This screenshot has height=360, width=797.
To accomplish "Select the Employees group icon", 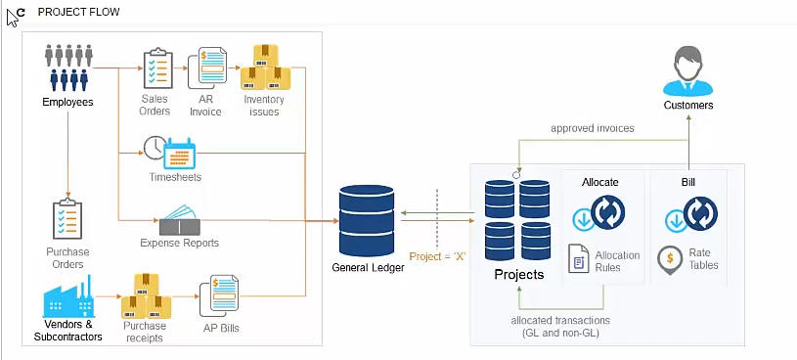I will pos(67,67).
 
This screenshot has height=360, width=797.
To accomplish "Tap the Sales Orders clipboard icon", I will pos(156,68).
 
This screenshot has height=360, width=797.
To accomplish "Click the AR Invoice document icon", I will pos(207,68).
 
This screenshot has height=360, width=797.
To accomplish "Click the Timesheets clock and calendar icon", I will pos(170,150).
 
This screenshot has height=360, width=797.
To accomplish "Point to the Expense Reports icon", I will pos(180,219).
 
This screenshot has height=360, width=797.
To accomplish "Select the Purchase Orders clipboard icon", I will pos(67,221).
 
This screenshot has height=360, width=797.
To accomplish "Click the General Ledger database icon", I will pos(365,221).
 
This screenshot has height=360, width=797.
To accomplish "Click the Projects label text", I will pos(518,275).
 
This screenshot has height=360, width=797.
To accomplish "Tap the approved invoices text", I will pos(592,128).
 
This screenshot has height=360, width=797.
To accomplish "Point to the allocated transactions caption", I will pos(560,327).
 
